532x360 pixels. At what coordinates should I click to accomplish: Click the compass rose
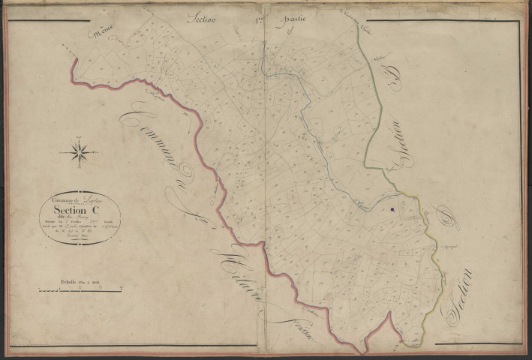click(x=80, y=152)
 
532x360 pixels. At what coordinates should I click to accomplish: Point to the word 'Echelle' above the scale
click(x=72, y=281)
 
